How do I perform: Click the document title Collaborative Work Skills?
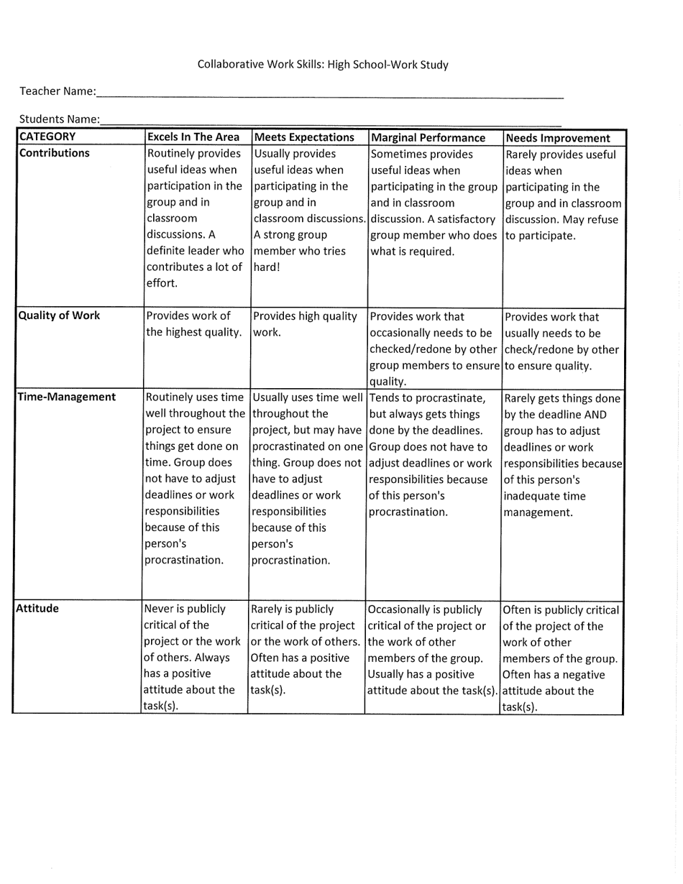pyautogui.click(x=323, y=65)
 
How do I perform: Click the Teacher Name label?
pyautogui.click(x=57, y=91)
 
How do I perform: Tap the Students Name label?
pyautogui.click(x=59, y=119)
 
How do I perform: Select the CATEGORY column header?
pyautogui.click(x=47, y=137)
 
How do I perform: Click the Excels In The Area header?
pyautogui.click(x=193, y=137)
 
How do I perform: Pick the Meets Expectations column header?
pyautogui.click(x=305, y=137)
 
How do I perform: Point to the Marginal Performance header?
pyautogui.click(x=428, y=137)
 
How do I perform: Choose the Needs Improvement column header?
pyautogui.click(x=558, y=138)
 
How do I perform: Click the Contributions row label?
pyautogui.click(x=55, y=153)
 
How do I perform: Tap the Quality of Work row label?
pyautogui.click(x=59, y=316)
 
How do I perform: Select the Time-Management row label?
pyautogui.click(x=66, y=397)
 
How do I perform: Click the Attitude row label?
pyautogui.click(x=37, y=608)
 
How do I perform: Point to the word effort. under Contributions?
pyautogui.click(x=162, y=283)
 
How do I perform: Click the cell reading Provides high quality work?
pyautogui.click(x=305, y=324)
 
